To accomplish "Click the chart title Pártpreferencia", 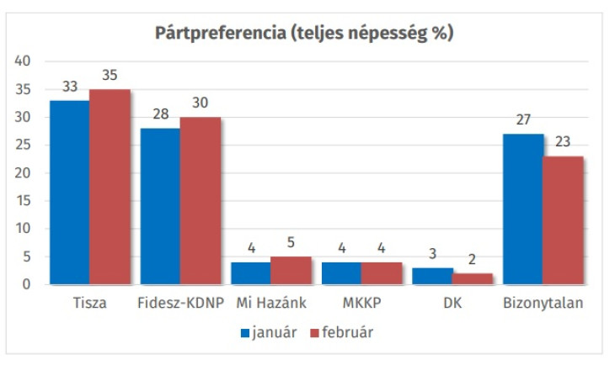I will [x=304, y=34].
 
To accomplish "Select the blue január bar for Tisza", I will [x=69, y=192].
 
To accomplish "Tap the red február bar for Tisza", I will [x=110, y=187].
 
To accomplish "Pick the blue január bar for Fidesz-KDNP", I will [x=160, y=206].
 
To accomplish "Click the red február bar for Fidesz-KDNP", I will [x=201, y=200].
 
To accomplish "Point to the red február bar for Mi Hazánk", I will [x=291, y=270].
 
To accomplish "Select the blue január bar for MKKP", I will [x=342, y=273].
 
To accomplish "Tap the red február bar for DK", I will [x=473, y=278].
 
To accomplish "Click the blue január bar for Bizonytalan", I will [x=523, y=209].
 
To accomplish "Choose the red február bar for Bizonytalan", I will [x=564, y=220].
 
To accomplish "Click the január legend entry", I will [x=270, y=332].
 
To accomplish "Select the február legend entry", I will [x=342, y=332].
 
